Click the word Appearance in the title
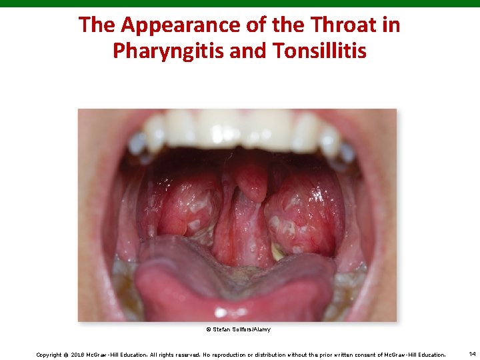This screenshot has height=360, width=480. click(x=169, y=25)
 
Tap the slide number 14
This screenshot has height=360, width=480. click(x=472, y=353)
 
